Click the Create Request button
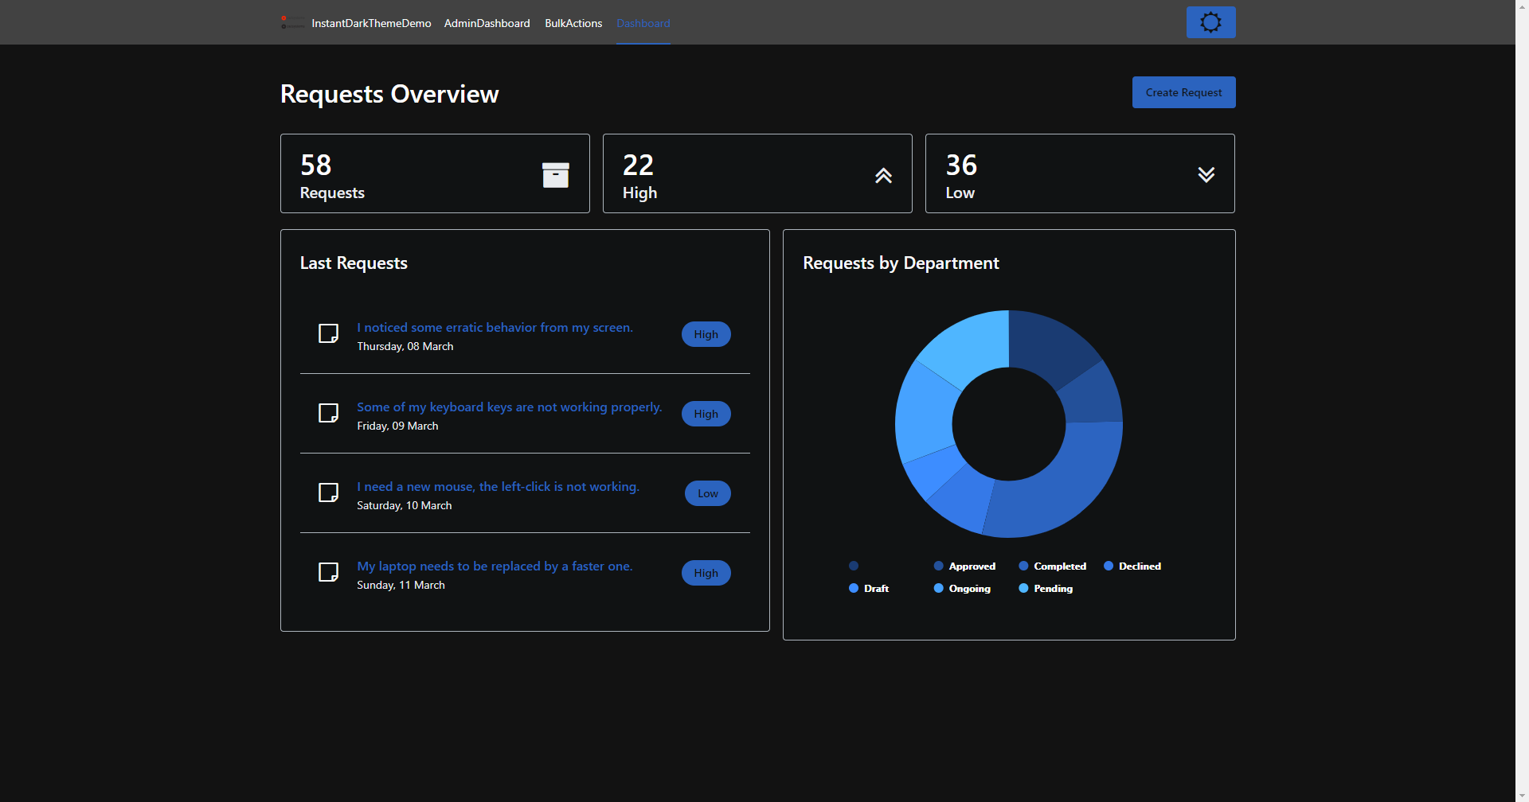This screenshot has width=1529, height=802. coord(1183,92)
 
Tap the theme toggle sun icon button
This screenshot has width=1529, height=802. coord(1210,22)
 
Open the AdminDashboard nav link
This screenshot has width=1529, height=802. coord(487,23)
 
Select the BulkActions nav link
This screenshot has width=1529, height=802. coord(573,23)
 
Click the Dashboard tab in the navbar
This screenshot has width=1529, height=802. coord(643,23)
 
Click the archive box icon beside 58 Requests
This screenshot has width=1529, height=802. coord(555,175)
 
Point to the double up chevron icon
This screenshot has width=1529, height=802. coord(883,176)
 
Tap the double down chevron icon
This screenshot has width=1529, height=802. coord(1206,175)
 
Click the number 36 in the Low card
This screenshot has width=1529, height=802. coord(961,165)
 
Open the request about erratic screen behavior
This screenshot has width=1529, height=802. coord(495,328)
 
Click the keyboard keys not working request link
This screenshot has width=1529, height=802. coord(509,407)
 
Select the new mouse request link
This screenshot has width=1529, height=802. coord(498,487)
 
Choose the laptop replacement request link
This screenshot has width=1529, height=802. coord(495,566)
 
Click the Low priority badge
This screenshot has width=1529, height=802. coord(707,493)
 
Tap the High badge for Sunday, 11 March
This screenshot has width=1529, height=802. coord(706,573)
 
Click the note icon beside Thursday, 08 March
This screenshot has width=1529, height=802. coord(328,333)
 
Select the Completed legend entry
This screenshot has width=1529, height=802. coord(1053,566)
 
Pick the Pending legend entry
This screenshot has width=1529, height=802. coord(1046,589)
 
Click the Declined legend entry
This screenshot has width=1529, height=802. coord(1132,566)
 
